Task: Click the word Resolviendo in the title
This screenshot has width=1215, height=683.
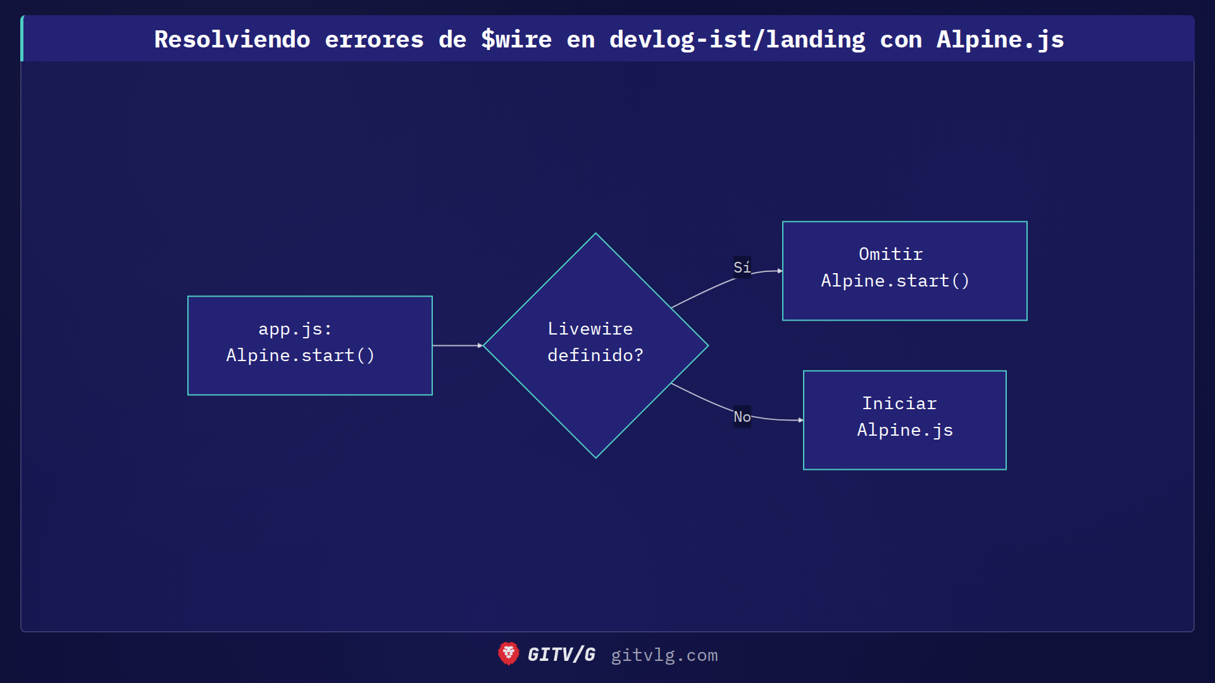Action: point(232,40)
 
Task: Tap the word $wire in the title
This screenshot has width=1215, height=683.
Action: point(516,40)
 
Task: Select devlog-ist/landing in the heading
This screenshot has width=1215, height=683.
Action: point(737,40)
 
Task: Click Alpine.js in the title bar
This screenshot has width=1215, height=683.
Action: point(1000,40)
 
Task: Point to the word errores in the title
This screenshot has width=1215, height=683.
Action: point(374,40)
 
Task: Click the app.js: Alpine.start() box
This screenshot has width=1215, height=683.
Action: point(310,345)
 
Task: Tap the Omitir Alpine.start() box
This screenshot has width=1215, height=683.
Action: point(904,271)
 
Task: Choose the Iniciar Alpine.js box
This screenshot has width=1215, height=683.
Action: point(904,420)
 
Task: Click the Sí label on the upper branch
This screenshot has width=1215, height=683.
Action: point(742,268)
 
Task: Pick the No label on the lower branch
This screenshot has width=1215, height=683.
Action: point(742,417)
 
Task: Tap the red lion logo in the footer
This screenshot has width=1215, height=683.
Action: point(508,654)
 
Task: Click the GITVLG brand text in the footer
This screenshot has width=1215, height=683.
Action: point(561,655)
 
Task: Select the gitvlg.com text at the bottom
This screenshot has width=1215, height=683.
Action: point(664,655)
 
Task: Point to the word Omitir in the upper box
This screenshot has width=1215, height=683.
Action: point(890,254)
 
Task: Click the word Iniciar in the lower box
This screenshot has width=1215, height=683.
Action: point(899,403)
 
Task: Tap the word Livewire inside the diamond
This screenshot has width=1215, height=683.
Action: point(590,329)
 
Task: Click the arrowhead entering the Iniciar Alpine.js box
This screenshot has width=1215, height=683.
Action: point(801,420)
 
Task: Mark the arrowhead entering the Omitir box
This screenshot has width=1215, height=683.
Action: point(780,271)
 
